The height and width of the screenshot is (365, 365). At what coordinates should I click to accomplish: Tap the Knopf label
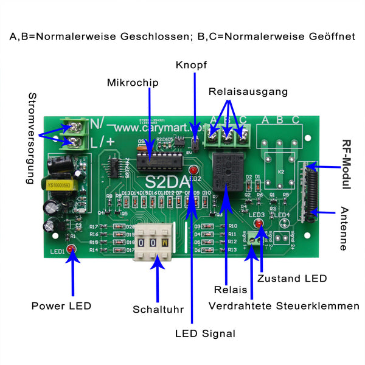click(192, 65)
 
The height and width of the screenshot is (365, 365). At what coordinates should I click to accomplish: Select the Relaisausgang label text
click(248, 92)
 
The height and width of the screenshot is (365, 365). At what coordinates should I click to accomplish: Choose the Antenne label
click(345, 228)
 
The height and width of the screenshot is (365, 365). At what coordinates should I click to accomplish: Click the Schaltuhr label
click(158, 310)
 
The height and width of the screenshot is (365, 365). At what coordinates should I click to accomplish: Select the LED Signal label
click(205, 333)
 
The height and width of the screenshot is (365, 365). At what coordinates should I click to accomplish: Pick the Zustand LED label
click(291, 279)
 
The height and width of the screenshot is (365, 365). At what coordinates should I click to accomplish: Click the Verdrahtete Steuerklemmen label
click(283, 305)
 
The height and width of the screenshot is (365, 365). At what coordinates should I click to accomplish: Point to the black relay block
click(226, 170)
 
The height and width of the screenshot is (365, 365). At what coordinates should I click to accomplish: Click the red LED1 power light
click(72, 249)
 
